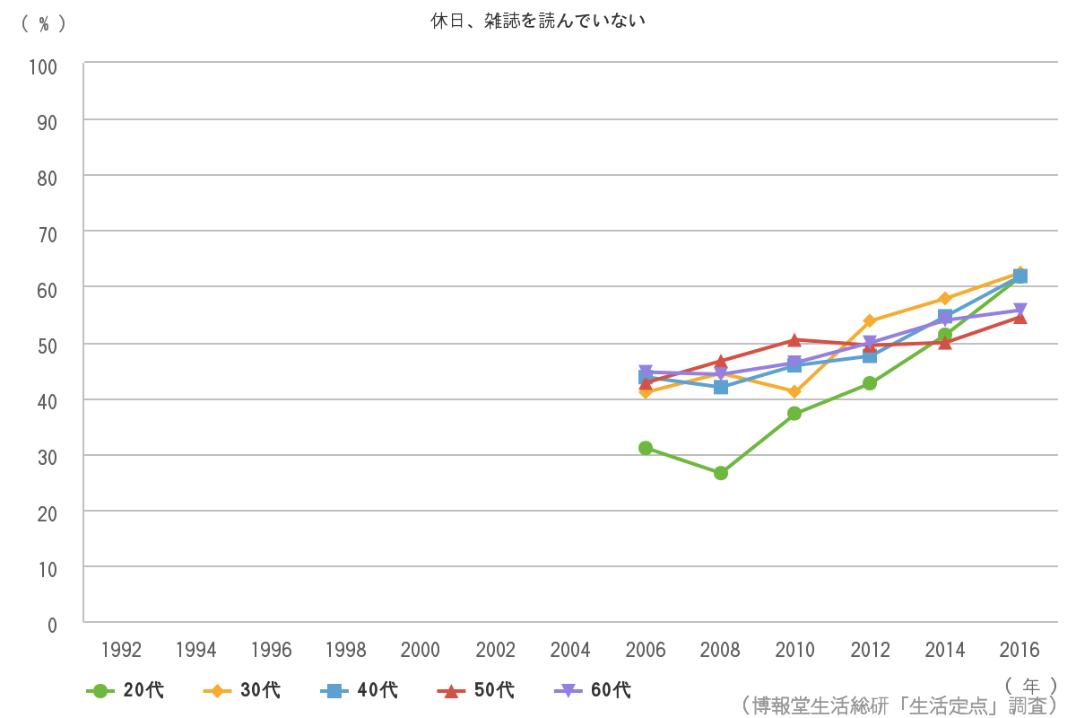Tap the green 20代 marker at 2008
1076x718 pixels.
click(x=720, y=473)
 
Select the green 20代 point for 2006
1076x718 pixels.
click(x=646, y=447)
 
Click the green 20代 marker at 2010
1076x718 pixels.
click(x=794, y=414)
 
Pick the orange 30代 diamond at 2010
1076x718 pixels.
click(x=794, y=391)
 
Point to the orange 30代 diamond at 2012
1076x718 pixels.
click(x=870, y=320)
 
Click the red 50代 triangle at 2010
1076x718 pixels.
click(x=794, y=340)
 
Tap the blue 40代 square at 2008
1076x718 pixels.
click(x=720, y=387)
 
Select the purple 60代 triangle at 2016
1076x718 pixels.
click(x=1020, y=311)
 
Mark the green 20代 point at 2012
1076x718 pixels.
click(x=870, y=383)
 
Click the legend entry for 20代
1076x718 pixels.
click(x=126, y=690)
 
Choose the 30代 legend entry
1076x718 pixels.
click(x=243, y=690)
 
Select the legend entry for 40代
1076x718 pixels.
click(x=360, y=690)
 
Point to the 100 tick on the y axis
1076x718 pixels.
click(x=43, y=66)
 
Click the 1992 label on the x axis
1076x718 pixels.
click(x=121, y=650)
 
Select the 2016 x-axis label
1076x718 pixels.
click(x=1020, y=650)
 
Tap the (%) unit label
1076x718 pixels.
click(x=44, y=24)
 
